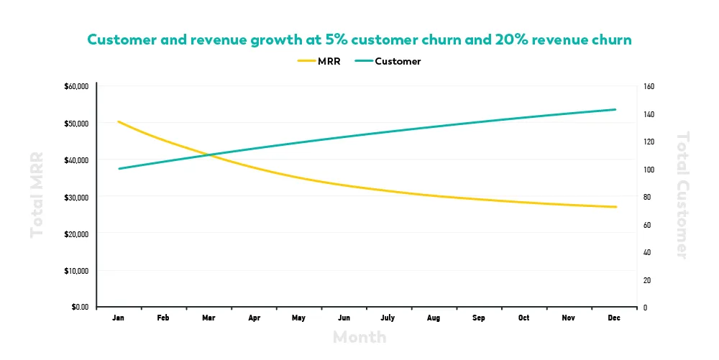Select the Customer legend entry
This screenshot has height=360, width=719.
click(388, 61)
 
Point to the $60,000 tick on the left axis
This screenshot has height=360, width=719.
click(76, 86)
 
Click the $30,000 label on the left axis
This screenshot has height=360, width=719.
click(76, 197)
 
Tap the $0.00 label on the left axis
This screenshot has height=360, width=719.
click(79, 308)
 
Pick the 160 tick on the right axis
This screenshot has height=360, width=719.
click(649, 86)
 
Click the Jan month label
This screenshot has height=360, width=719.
click(119, 318)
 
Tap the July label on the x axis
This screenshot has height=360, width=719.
click(388, 318)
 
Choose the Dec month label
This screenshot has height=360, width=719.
click(615, 318)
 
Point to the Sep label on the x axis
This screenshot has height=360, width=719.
click(480, 318)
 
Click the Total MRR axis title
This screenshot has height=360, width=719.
click(37, 194)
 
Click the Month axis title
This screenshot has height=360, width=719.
click(359, 337)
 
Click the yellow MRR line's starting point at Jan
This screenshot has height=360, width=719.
click(119, 121)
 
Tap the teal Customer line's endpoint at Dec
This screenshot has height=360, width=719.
click(616, 109)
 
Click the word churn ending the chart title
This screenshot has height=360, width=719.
click(609, 40)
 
